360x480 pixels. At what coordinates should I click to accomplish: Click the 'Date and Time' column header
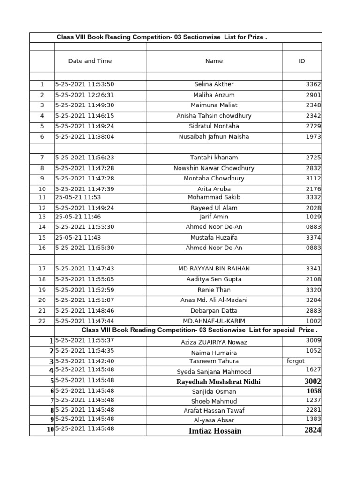coord(90,61)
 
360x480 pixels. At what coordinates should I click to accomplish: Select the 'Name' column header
coord(214,61)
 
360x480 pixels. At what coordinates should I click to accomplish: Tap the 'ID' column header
coord(301,61)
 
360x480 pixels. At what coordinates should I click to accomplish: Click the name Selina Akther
coord(214,84)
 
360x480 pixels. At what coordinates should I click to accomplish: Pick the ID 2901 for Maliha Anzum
coord(313,95)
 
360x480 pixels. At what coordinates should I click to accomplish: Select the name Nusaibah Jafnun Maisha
coord(214,137)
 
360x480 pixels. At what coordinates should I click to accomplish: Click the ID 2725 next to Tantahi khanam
coord(313,157)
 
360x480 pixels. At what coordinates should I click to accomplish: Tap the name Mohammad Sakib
coord(214,197)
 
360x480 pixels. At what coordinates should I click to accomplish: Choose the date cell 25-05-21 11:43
coord(78,238)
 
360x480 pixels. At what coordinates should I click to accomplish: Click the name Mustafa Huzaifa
coord(214,238)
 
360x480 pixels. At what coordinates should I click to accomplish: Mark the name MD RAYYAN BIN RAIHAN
coord(214,269)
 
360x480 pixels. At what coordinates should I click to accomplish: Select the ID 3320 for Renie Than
coord(313,290)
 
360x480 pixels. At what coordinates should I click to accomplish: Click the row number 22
coord(42,321)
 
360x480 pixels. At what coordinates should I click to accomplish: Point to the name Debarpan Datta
coord(214,311)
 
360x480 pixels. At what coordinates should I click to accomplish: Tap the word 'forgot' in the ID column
coord(296,361)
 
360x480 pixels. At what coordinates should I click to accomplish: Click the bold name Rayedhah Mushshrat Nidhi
coord(218,382)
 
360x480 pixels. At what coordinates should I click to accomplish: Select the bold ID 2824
coord(313,430)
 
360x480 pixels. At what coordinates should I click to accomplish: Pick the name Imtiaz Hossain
coord(215,431)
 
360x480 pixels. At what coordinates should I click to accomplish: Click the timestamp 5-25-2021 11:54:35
coord(85,351)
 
